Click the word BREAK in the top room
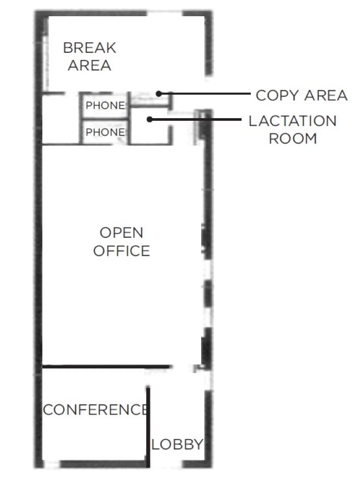coord(89,48)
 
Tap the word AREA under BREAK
coord(89,65)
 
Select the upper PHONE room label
coord(105,106)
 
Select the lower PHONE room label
coord(105,132)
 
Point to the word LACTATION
coord(293,121)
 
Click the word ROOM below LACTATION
coord(293,139)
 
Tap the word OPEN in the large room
coord(121,233)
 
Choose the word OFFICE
coord(121,251)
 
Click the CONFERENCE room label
coord(94,410)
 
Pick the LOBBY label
coord(177,445)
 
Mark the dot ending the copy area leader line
coord(158,94)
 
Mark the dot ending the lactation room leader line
coord(149,119)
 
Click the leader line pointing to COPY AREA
coord(209,94)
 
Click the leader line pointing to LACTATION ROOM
coord(199,119)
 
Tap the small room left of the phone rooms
coord(61,119)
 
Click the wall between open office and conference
coord(104,366)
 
